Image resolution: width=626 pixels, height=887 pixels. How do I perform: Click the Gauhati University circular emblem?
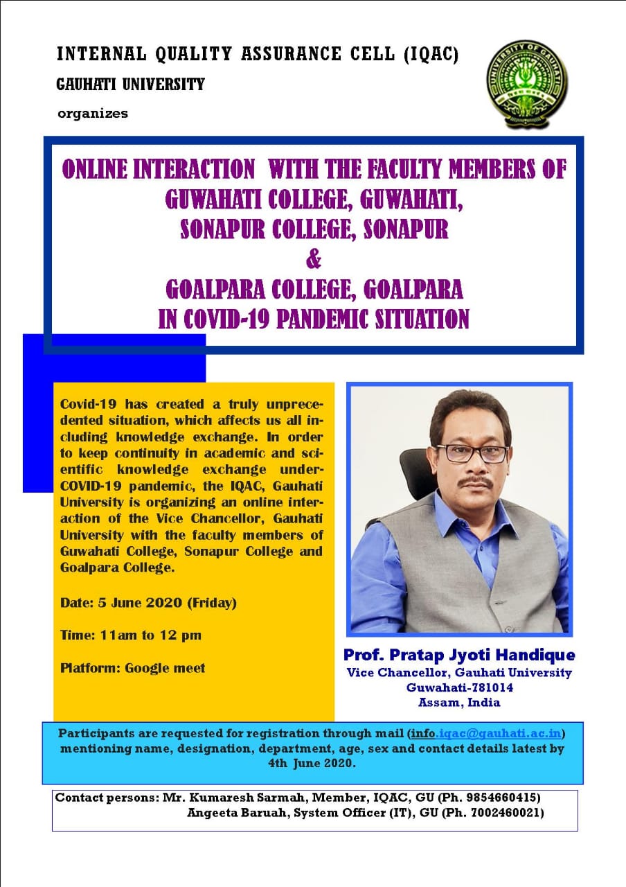coord(527,84)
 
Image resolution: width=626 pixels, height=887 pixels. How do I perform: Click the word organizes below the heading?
coord(93,114)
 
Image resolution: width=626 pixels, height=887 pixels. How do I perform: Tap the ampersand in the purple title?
coord(314,260)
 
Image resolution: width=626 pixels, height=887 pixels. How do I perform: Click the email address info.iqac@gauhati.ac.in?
coord(486,733)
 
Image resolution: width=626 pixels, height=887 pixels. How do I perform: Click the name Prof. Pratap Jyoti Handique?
coord(459,655)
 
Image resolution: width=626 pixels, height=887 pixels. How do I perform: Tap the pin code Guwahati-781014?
coord(459,687)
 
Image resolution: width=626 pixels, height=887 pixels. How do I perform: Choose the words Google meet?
coord(165,668)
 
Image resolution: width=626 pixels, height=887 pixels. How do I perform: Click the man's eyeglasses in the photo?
coord(472,453)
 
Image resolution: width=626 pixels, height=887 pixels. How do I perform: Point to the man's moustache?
coord(475,483)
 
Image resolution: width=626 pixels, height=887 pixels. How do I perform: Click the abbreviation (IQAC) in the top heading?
coord(431,54)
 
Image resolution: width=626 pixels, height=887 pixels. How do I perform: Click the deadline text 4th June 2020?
coord(312,763)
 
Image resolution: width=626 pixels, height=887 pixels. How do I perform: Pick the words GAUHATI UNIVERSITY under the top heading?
coord(131,85)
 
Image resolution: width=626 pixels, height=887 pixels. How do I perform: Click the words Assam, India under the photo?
coord(459,703)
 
